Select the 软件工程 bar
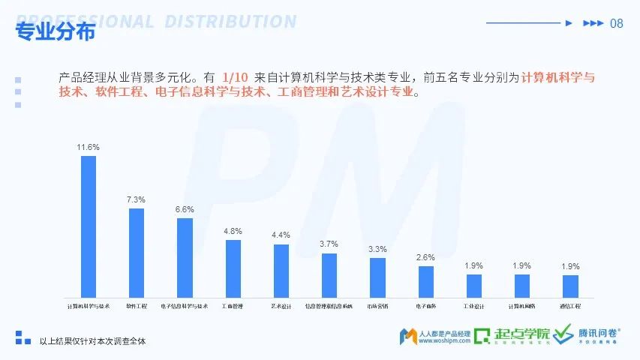[x=137, y=252]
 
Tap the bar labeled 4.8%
[x=233, y=268]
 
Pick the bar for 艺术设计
[x=281, y=270]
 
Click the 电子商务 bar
[x=426, y=280]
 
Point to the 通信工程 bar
[x=570, y=285]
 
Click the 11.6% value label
[x=89, y=147]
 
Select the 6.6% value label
[x=185, y=209]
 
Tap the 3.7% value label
[x=329, y=244]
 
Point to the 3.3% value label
[x=377, y=249]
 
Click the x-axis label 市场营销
[x=377, y=306]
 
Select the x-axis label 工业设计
[x=473, y=306]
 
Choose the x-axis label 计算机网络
[x=521, y=306]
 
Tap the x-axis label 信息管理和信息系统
[x=329, y=306]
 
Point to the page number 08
[x=617, y=23]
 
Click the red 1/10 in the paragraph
[x=235, y=76]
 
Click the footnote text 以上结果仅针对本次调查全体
[x=92, y=341]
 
